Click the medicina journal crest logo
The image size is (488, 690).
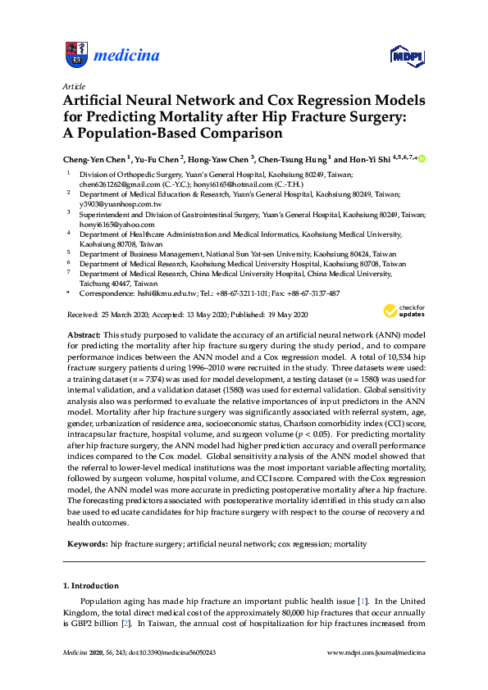[x=75, y=55]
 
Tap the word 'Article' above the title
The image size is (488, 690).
[x=74, y=85]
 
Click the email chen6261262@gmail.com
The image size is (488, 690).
[x=114, y=186]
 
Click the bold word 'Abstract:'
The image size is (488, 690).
[x=82, y=336]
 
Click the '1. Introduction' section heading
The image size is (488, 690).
[x=90, y=586]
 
